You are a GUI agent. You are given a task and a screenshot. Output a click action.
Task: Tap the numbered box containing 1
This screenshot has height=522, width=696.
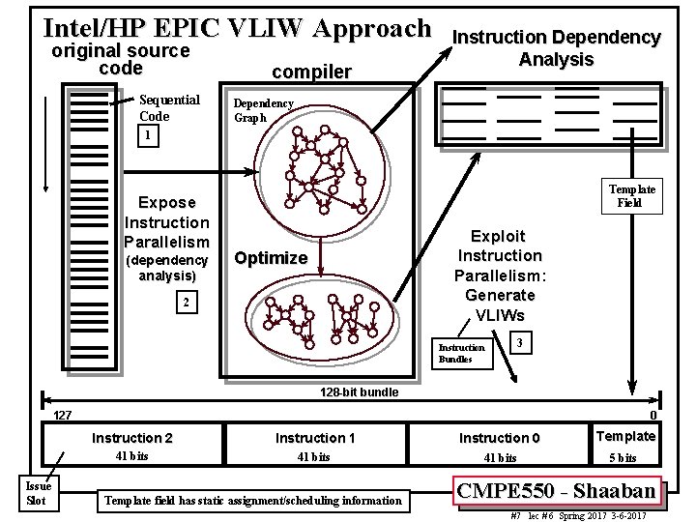(x=147, y=136)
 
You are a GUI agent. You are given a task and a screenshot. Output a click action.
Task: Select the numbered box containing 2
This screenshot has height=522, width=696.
(x=189, y=304)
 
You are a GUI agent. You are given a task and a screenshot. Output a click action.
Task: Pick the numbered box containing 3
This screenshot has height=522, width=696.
(x=520, y=343)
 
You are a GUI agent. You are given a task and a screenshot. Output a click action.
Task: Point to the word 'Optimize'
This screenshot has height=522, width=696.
(x=271, y=258)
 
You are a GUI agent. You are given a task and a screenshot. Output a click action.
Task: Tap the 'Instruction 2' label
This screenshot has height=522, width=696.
(x=132, y=438)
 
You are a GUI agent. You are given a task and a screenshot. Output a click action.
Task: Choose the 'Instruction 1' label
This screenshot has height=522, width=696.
(x=315, y=438)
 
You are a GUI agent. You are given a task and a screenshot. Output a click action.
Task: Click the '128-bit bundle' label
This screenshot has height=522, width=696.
(x=358, y=393)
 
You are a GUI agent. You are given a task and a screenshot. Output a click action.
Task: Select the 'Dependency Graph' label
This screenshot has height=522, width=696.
(x=263, y=110)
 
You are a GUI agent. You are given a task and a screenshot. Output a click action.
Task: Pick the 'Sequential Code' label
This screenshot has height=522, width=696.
(x=169, y=107)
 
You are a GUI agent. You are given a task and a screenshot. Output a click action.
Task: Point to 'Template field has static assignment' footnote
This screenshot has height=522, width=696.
(x=252, y=500)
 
